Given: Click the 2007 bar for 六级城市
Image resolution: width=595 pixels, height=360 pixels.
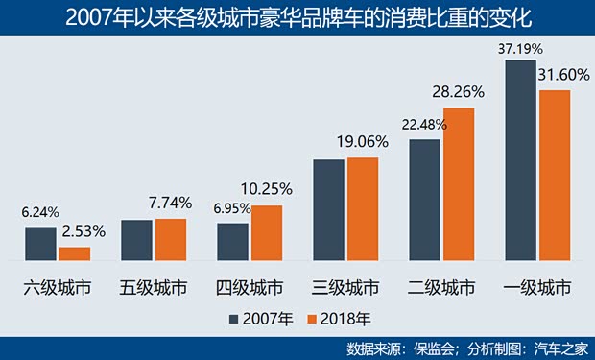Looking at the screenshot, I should click(41, 244).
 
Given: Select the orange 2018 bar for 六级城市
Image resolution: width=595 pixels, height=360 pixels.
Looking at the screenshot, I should click(74, 253).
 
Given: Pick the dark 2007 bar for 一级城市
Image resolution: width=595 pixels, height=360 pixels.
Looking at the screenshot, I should click(521, 160).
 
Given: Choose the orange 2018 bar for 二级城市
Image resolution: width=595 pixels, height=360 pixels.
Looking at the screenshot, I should click(458, 184).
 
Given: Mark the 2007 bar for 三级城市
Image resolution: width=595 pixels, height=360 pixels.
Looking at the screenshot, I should click(329, 210).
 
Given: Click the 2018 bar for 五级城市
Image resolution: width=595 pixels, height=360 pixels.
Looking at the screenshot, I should click(170, 240).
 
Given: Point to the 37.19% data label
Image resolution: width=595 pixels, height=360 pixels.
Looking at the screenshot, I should click(522, 47).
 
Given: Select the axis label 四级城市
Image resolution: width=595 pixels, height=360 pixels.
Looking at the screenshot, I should click(250, 287).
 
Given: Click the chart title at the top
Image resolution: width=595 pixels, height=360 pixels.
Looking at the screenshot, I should click(297, 16).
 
